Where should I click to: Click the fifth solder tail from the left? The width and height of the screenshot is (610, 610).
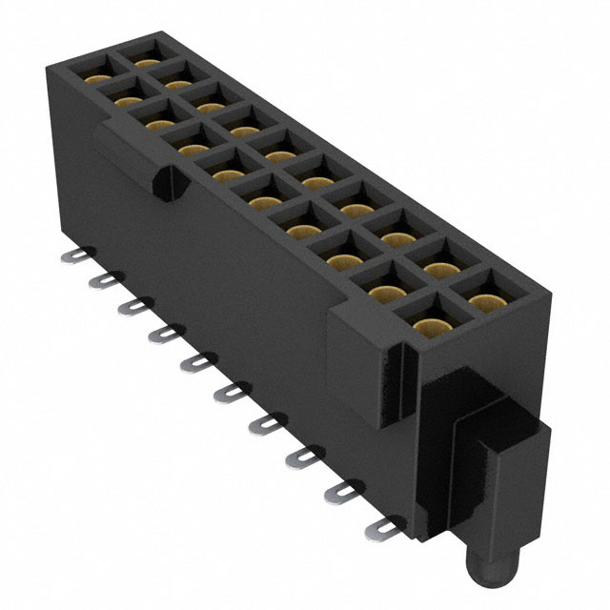[195, 361]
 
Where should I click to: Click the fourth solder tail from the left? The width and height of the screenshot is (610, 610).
[162, 333]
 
